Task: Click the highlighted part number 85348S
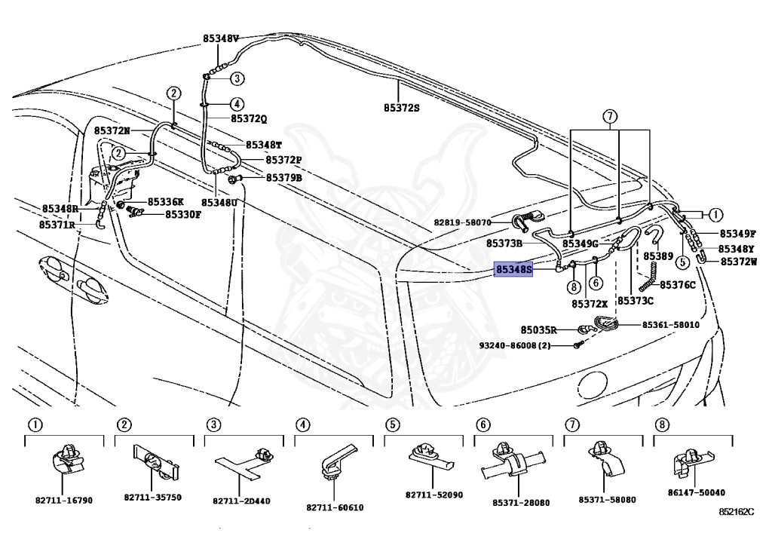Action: (513, 269)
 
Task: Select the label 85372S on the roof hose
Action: (402, 108)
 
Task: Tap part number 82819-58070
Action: (462, 222)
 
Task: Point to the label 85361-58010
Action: (670, 325)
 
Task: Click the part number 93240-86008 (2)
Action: (514, 346)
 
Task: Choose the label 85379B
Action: (284, 178)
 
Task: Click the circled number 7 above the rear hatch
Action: (609, 117)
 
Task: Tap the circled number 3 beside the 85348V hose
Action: (237, 78)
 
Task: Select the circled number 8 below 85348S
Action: (574, 287)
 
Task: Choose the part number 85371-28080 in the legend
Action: (521, 503)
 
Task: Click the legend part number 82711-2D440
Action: (241, 501)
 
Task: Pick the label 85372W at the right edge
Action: (739, 262)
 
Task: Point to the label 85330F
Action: (182, 215)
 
